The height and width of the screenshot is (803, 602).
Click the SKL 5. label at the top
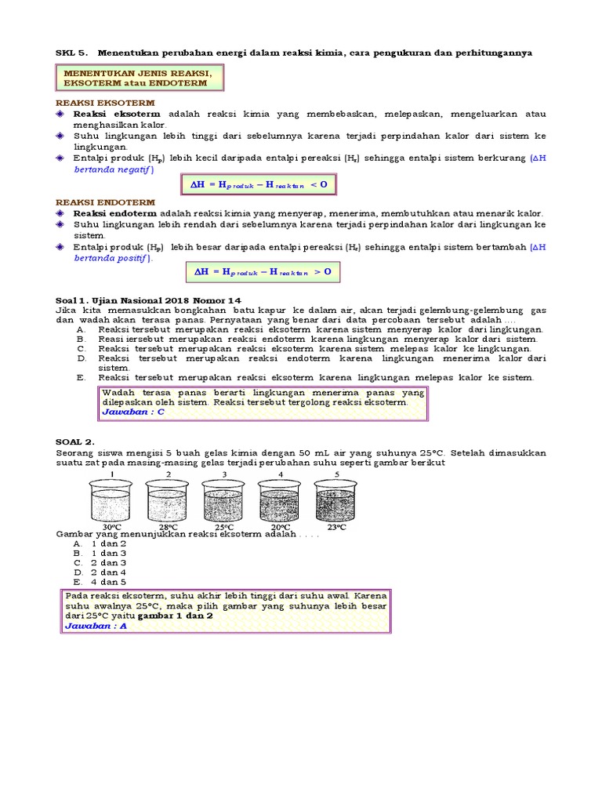pos(71,53)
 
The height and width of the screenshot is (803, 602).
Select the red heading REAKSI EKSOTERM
pos(104,103)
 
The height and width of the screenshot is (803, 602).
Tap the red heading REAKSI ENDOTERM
pos(104,202)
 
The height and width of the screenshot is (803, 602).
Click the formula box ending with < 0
pos(259,184)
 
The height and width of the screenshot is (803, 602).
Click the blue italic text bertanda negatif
pos(114,169)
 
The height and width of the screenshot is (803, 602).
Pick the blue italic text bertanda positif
pos(113,257)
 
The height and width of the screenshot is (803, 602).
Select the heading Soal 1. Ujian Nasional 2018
pos(148,300)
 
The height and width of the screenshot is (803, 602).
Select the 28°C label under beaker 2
pos(169,527)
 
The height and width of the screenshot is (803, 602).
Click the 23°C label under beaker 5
pos(337,527)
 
